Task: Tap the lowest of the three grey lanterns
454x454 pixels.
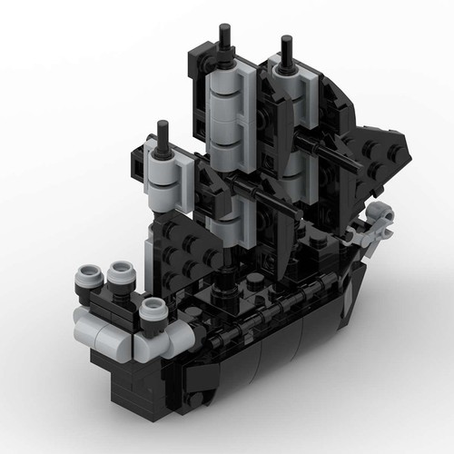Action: (153, 312)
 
